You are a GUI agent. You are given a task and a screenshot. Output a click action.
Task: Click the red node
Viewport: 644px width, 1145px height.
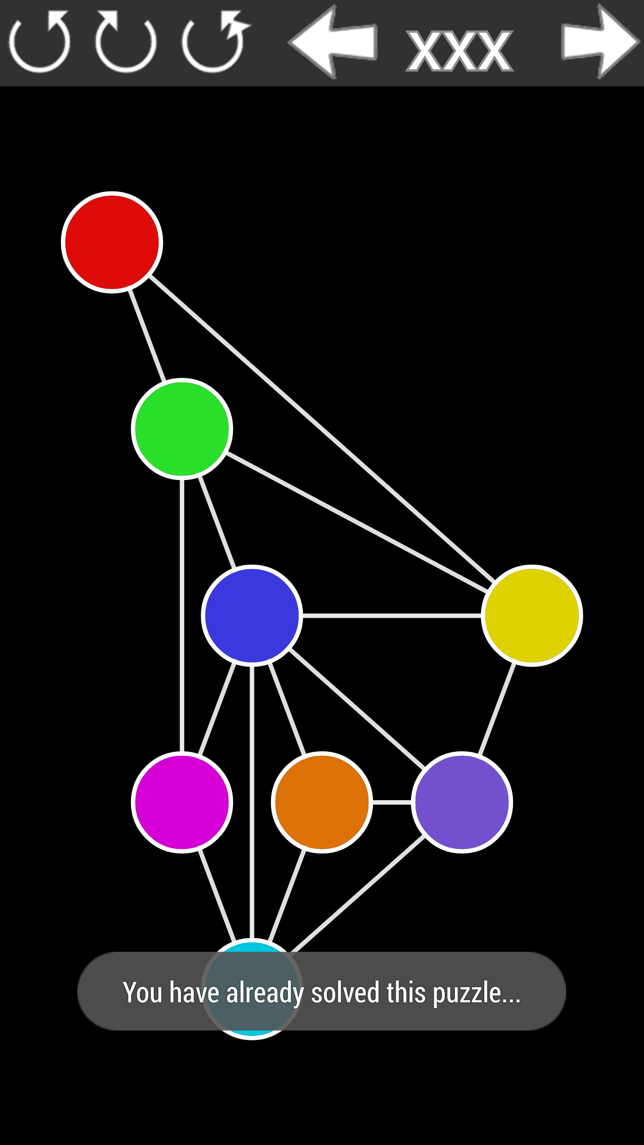(112, 242)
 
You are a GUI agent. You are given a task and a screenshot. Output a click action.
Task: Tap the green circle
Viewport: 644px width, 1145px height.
(182, 428)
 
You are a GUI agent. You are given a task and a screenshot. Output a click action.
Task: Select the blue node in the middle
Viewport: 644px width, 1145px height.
(252, 615)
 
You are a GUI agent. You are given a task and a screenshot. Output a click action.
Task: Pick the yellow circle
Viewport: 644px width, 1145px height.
(532, 615)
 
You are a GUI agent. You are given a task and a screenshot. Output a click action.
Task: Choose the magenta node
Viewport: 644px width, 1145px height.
(182, 802)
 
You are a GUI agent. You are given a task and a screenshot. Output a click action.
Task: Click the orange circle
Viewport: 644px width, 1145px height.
(322, 802)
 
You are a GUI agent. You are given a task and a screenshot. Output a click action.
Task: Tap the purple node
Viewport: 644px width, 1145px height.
(462, 802)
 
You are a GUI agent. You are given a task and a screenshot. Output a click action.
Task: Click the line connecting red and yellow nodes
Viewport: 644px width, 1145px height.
(322, 428)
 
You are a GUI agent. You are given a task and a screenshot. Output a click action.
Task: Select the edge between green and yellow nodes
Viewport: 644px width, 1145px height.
(356, 522)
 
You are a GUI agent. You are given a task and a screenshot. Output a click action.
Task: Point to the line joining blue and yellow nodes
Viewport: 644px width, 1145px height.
(392, 616)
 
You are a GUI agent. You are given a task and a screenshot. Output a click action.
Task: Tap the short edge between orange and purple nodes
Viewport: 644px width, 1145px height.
(392, 802)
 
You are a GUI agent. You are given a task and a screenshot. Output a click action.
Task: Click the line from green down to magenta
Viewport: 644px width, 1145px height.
(182, 615)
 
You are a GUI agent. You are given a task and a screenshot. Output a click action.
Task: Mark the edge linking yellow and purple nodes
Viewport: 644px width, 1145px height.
(497, 709)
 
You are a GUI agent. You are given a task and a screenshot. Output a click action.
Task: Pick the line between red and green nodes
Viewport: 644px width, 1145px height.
(147, 335)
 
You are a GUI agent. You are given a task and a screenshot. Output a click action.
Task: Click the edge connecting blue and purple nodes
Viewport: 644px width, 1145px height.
(357, 709)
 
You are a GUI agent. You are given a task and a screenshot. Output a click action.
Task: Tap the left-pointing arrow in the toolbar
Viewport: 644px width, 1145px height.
(333, 42)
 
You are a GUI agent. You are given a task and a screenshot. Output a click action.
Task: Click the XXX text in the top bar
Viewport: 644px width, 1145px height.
(460, 51)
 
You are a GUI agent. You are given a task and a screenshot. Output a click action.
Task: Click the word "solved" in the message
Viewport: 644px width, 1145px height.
(345, 992)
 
